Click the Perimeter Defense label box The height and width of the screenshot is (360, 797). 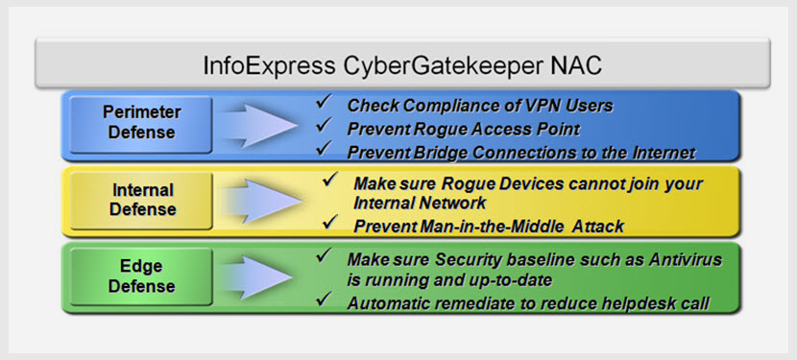click(x=142, y=122)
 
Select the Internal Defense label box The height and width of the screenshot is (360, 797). click(x=141, y=199)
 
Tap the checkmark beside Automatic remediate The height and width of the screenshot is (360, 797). click(x=324, y=301)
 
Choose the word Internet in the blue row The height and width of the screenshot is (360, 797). click(x=661, y=152)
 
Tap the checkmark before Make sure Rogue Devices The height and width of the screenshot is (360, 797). click(x=331, y=180)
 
